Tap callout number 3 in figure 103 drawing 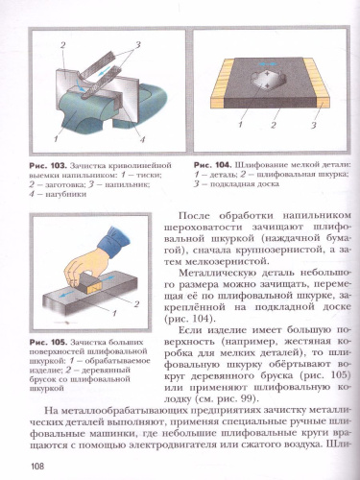click(x=137, y=45)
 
